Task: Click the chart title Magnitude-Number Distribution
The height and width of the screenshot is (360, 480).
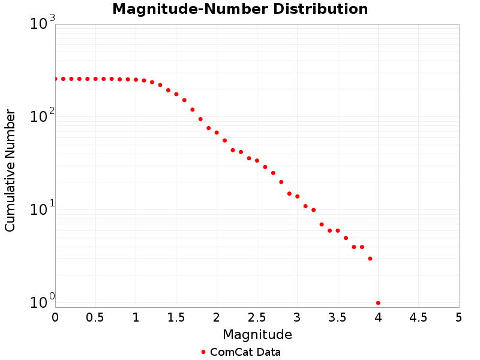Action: pos(240,10)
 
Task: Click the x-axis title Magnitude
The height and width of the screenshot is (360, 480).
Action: pos(257,334)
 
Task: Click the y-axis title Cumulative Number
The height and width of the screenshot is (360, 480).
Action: pos(10,170)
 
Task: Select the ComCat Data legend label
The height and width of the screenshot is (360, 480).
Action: pos(245,352)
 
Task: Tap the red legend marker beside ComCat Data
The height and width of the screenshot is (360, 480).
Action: pos(203,352)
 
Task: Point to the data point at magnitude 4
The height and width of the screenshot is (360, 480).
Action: pos(378,303)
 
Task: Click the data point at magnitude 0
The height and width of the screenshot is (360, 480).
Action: pos(55,79)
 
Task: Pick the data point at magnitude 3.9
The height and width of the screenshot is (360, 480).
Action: pos(370,259)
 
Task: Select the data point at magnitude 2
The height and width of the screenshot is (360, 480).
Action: pos(217,133)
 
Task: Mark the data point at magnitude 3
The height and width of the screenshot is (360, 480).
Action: pos(298,196)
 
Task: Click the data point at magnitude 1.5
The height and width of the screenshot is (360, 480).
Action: pos(176,94)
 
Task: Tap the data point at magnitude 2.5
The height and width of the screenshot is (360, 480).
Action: pos(257,160)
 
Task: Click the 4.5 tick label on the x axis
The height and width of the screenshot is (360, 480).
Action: pos(418,317)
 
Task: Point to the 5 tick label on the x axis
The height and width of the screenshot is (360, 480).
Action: pos(459,317)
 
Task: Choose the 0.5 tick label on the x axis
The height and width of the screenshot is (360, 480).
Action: pos(95,317)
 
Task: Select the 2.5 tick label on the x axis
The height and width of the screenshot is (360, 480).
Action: pos(257,317)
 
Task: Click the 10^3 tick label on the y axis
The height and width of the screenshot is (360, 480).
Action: pos(43,24)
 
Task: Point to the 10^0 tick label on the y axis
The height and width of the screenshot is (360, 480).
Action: pos(43,301)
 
